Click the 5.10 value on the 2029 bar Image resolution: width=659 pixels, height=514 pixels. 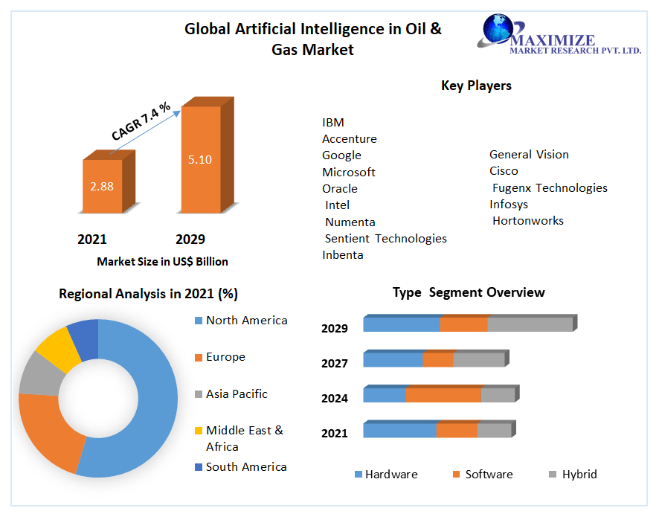tap(200, 159)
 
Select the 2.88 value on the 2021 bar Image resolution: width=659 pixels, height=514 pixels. tap(102, 186)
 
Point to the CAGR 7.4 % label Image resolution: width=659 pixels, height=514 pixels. tap(141, 121)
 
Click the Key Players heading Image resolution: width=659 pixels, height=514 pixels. tap(476, 86)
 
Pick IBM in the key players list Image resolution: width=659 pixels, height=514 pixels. tap(333, 122)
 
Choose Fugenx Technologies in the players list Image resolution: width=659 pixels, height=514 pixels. tap(550, 187)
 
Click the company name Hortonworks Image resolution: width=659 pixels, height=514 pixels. tap(528, 220)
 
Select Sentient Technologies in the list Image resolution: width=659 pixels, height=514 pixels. tap(386, 238)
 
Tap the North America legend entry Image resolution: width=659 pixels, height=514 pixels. tap(246, 321)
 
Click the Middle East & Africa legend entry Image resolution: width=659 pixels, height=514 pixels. tap(244, 438)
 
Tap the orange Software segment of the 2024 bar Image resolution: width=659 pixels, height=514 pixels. tap(443, 395)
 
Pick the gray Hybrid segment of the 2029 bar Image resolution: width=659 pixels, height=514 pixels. tap(530, 324)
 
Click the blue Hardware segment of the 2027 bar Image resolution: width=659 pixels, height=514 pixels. tap(393, 360)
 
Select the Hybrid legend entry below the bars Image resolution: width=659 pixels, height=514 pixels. tap(579, 474)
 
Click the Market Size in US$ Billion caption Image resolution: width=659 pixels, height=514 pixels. tap(162, 261)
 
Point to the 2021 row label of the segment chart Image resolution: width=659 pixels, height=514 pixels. tap(335, 433)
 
